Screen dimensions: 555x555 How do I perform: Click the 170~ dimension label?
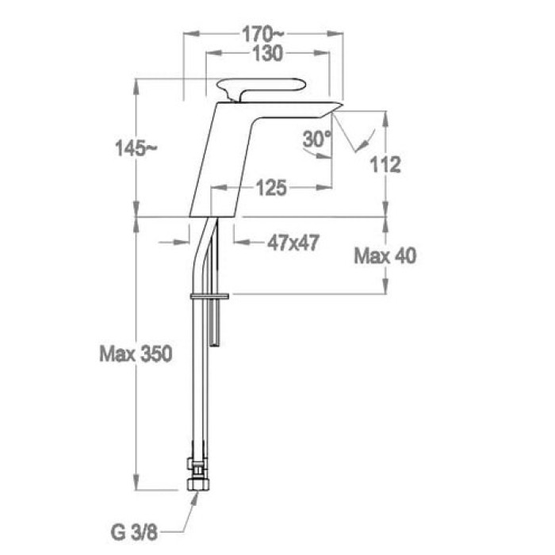click(x=262, y=35)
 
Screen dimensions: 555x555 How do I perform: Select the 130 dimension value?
click(x=268, y=54)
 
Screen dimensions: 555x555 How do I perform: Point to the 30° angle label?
click(x=317, y=139)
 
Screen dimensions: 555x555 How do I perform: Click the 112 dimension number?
click(x=385, y=165)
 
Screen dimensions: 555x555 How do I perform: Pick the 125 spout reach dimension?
click(x=271, y=188)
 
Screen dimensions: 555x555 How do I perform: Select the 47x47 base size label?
click(x=293, y=243)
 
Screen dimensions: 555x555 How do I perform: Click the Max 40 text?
click(x=385, y=255)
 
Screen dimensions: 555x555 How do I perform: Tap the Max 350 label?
click(x=136, y=354)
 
